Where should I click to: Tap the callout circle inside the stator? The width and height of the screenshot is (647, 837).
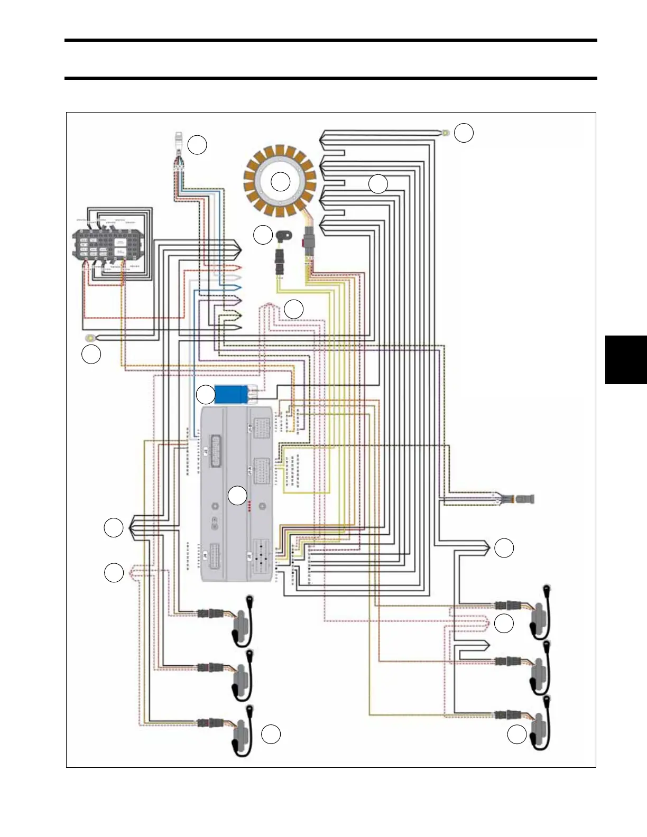tap(281, 182)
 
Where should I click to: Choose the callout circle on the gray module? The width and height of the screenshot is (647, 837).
tap(237, 495)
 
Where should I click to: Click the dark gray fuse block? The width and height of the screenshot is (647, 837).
tap(109, 246)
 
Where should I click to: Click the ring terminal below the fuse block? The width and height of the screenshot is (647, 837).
tap(91, 338)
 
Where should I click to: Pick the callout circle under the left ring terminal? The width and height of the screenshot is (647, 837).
tap(91, 355)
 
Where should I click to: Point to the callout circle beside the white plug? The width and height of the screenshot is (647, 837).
tap(197, 145)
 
